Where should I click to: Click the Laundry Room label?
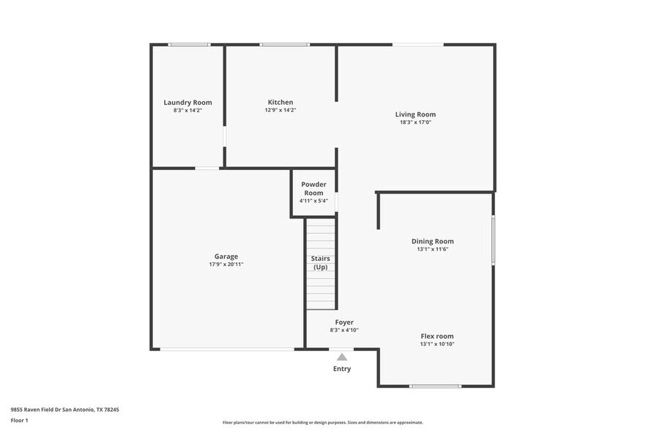pos(188,103)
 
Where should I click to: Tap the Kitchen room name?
pos(281,103)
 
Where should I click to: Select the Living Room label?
pos(415,114)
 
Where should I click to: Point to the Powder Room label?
pos(313,188)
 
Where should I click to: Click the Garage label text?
pos(226,257)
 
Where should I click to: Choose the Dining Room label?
pos(432,241)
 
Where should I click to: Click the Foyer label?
pos(344,323)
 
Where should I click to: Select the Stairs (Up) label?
pos(321,263)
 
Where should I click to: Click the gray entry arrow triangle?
pos(341,357)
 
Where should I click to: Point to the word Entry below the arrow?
pos(341,369)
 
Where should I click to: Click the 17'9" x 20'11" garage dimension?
pos(226,265)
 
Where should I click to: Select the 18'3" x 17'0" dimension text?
pos(415,122)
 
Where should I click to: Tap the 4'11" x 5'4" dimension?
pos(313,201)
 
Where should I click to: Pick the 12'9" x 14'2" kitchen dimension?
pos(281,110)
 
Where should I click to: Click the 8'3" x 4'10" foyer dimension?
pos(344,330)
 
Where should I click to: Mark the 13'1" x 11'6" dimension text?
pos(432,249)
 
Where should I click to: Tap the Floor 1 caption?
pos(19,420)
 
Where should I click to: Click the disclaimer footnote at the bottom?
pos(322,422)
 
